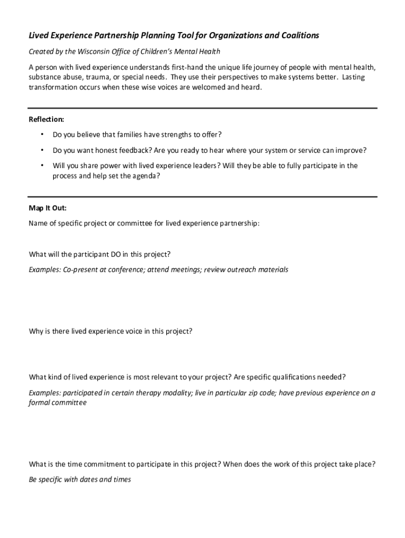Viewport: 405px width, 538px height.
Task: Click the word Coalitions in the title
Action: (x=299, y=36)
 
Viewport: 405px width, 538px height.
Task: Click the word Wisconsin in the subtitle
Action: (x=93, y=51)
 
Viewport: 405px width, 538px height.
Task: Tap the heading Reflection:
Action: (x=46, y=120)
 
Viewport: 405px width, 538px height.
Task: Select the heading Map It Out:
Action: (x=47, y=208)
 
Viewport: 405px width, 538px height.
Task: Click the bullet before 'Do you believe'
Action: (x=42, y=135)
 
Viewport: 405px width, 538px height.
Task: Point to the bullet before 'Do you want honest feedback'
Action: (x=42, y=150)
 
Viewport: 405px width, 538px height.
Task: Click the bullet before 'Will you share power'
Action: (x=42, y=165)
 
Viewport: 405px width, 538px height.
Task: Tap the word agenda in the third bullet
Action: (x=143, y=177)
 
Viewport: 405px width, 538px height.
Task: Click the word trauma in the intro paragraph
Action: (x=89, y=77)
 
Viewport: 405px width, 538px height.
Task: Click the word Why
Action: (x=36, y=332)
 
